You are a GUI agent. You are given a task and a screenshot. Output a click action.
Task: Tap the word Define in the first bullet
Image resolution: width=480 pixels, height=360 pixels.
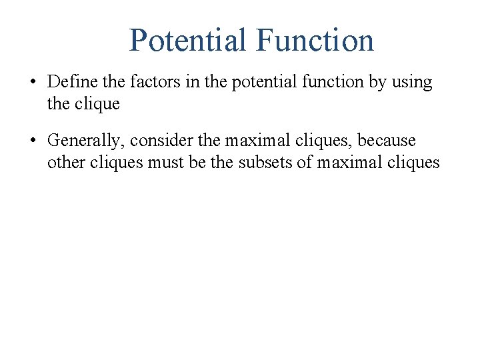pyautogui.click(x=70, y=83)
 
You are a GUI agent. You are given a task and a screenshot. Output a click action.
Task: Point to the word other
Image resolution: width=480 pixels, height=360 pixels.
pyautogui.click(x=64, y=162)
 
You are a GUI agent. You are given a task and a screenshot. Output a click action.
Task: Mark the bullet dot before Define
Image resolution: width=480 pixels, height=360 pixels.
pyautogui.click(x=32, y=83)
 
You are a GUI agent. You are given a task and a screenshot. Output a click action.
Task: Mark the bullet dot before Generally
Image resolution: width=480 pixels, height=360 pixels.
pyautogui.click(x=32, y=141)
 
